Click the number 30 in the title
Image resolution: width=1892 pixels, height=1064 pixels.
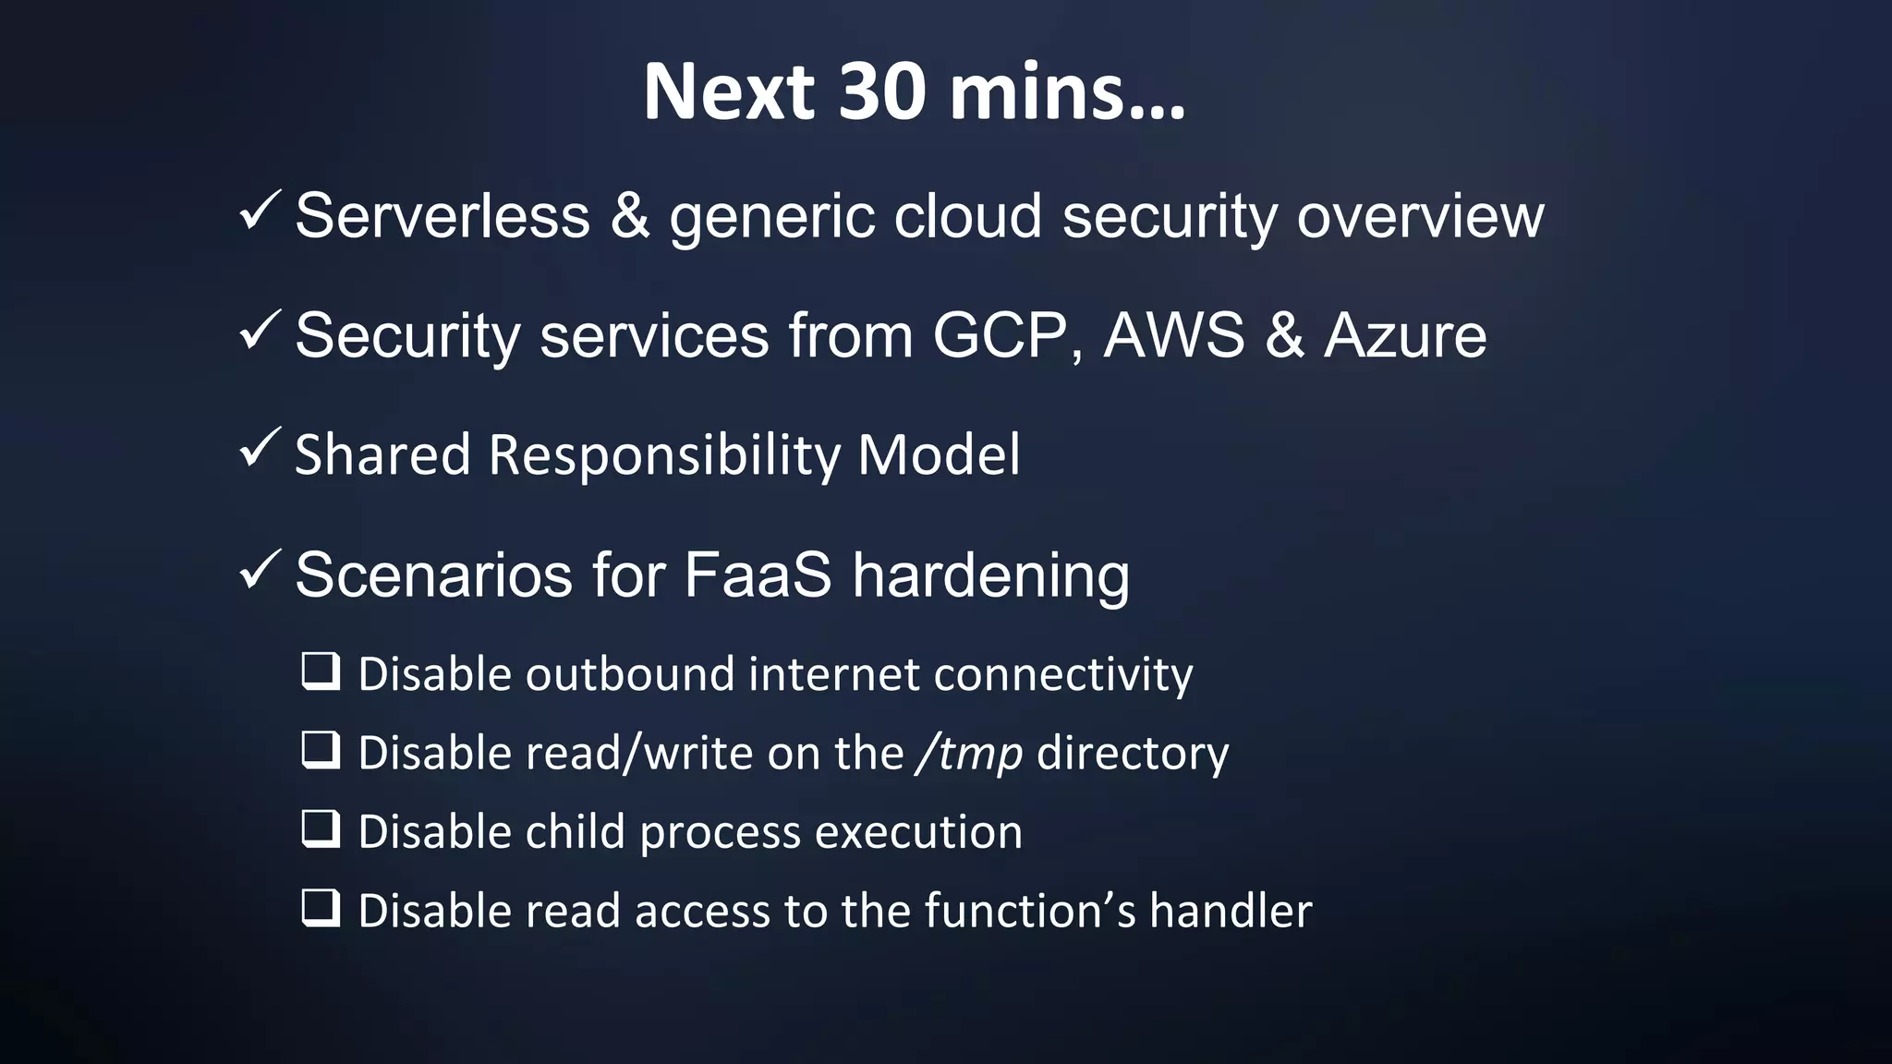click(881, 91)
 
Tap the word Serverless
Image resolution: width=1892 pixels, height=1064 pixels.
click(443, 216)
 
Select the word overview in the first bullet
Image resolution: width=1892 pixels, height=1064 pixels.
click(1420, 216)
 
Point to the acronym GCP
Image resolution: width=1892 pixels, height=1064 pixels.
click(1000, 335)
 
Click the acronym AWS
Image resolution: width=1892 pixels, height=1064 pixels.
click(1174, 335)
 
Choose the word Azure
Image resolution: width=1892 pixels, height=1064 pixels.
click(1405, 335)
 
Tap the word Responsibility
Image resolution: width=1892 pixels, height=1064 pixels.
click(664, 455)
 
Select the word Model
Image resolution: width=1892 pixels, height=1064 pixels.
click(939, 454)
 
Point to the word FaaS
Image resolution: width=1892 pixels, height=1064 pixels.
click(758, 574)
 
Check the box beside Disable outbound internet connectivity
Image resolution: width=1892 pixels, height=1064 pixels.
click(321, 671)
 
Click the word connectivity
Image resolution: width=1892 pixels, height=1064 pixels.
click(1063, 674)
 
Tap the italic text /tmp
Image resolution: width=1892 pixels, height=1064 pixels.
click(969, 754)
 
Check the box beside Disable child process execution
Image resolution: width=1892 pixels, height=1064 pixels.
click(321, 829)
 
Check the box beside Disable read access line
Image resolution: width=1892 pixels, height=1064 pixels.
click(321, 908)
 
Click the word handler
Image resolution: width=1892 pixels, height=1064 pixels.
click(1231, 911)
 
